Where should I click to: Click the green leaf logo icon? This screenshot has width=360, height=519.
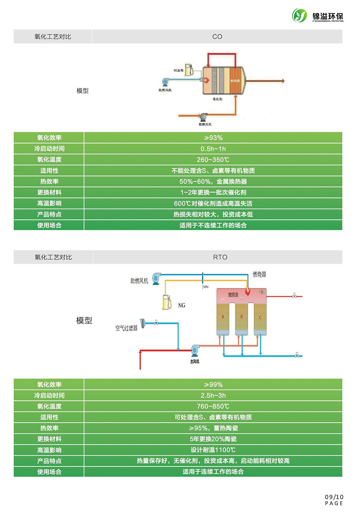300,15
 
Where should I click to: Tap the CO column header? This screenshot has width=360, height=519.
217,37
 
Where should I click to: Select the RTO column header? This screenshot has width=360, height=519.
220,257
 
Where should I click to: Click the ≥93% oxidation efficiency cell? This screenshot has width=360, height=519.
213,138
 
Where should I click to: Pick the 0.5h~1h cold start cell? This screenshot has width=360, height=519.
213,149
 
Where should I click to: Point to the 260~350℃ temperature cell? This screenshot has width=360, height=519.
213,160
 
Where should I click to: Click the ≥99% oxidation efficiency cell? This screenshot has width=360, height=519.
213,384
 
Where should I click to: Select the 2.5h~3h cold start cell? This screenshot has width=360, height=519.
213,395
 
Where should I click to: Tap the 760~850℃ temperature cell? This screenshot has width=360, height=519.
213,406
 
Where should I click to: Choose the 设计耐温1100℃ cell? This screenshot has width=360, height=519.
213,450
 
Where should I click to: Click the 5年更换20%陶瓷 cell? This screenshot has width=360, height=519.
213,439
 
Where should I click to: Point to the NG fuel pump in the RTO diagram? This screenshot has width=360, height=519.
167,302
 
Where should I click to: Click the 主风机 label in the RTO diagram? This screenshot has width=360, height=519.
195,361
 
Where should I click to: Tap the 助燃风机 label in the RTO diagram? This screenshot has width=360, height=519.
139,281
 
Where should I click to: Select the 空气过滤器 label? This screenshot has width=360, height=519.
126,328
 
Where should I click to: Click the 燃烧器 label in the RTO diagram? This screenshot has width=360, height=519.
259,274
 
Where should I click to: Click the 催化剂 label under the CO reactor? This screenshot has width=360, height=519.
217,99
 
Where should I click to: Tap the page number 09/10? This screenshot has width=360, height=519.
334,497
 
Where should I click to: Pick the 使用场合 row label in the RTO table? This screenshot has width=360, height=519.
49,472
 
